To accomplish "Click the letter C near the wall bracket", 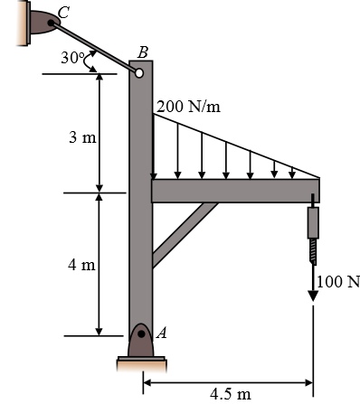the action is [63, 13].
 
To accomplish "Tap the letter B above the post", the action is [143, 52].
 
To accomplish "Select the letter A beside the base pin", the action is [161, 334].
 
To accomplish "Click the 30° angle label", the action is [71, 58].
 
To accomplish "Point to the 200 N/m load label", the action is [188, 107].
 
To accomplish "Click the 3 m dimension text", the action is [82, 137].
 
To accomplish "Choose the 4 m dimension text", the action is [81, 265].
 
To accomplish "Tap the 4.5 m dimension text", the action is [231, 394].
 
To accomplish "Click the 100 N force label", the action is [338, 282].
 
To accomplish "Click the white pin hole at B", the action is [139, 73].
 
